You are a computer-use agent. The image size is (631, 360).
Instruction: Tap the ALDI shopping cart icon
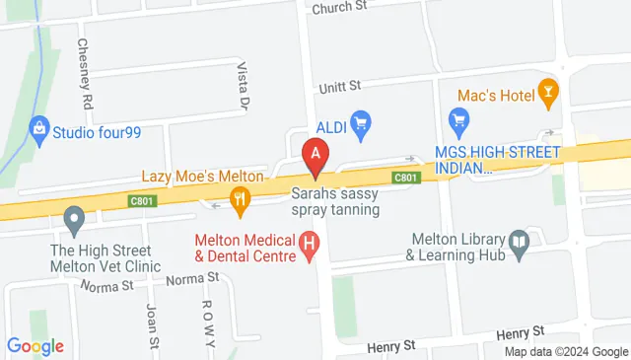click(x=361, y=123)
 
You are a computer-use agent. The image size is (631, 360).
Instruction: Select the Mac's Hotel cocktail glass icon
click(x=549, y=94)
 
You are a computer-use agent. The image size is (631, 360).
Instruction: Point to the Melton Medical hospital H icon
click(x=310, y=243)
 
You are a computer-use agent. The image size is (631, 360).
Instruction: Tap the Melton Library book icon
click(x=519, y=239)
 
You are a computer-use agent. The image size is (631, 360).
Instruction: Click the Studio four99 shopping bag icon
click(x=39, y=127)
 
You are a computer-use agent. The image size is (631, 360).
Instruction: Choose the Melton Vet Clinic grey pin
click(x=73, y=218)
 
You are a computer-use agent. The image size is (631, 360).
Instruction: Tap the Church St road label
click(x=339, y=7)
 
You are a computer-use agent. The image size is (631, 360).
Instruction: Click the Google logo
click(x=35, y=346)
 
